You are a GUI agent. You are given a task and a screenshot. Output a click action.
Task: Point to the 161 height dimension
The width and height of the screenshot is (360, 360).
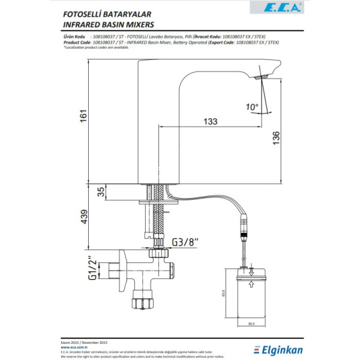(x=85, y=114)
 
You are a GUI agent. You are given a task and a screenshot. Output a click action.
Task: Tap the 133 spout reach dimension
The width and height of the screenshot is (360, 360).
(x=210, y=122)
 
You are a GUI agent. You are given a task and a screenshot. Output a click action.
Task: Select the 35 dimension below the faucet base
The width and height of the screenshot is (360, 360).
(x=101, y=192)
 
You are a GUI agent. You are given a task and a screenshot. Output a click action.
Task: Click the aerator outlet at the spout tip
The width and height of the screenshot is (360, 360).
(x=260, y=77)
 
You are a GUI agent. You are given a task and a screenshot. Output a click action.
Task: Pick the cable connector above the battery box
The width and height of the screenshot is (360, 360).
(x=243, y=229)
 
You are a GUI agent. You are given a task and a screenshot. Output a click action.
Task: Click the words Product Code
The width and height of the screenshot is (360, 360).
(x=76, y=43)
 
